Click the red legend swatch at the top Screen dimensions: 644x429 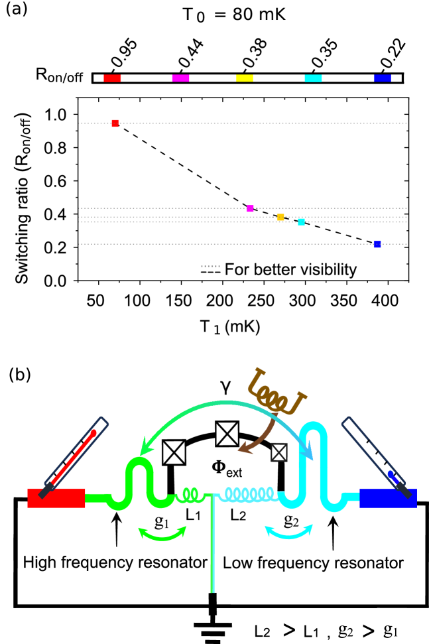pos(112,78)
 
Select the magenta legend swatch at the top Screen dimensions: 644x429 pos(180,78)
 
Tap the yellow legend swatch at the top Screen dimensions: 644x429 pos(245,78)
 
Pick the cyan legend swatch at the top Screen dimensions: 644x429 pos(313,78)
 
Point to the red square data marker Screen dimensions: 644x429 pos(115,123)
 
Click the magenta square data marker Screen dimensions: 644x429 pos(250,208)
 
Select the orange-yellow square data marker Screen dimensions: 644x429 pos(280,217)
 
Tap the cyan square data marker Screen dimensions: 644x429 pos(301,222)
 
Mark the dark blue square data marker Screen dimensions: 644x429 pos(377,244)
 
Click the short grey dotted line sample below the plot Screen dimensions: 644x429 pos(210,266)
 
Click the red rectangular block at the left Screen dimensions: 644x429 pos(56,498)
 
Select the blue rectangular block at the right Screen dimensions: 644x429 pos(388,498)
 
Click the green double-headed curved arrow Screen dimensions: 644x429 pos(162,535)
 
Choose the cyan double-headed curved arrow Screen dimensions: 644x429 pos(288,533)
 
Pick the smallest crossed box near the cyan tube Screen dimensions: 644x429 pos(278,452)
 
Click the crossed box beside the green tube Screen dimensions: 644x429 pos(174,452)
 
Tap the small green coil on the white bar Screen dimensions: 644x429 pos(190,494)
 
